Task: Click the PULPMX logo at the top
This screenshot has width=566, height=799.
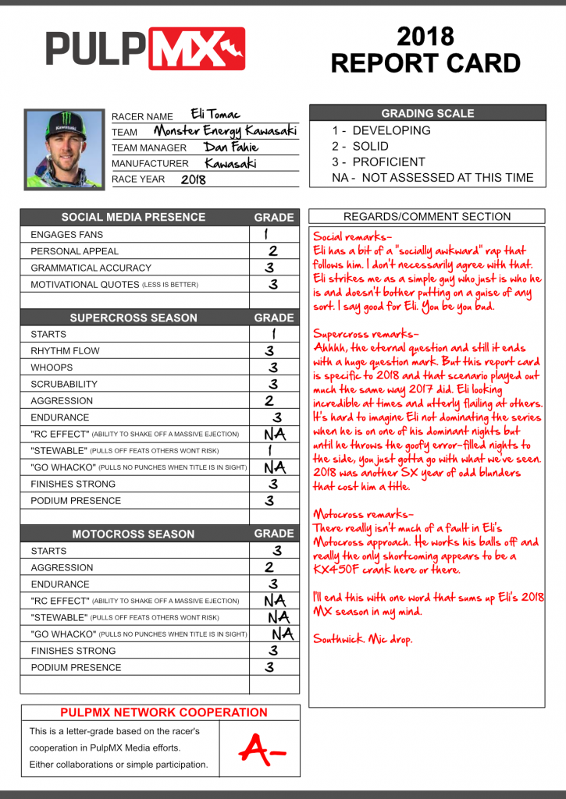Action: (145, 49)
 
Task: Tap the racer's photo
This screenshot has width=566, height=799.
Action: (64, 148)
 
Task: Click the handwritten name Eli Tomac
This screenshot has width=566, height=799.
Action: (216, 115)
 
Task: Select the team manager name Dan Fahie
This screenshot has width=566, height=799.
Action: (231, 147)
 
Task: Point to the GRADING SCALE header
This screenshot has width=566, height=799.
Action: (427, 113)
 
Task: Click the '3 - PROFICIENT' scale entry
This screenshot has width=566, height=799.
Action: (379, 162)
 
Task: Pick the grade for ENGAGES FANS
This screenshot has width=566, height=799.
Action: (267, 234)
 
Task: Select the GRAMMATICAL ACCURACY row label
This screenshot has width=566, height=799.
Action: (91, 268)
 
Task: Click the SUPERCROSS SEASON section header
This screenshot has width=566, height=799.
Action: (133, 318)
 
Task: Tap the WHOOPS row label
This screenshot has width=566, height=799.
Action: (52, 368)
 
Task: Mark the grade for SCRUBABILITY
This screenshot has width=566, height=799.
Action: (273, 384)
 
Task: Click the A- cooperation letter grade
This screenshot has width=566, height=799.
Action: (262, 749)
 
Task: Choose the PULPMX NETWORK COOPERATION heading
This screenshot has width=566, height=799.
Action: (163, 712)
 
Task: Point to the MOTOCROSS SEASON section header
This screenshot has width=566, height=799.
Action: (133, 534)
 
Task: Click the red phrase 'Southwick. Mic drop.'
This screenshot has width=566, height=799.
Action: (363, 639)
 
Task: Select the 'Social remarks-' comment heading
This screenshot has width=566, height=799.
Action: (353, 236)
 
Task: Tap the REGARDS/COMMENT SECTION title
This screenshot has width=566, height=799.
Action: (427, 217)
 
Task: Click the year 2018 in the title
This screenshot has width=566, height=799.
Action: (425, 36)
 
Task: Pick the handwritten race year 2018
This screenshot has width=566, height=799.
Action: (194, 179)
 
